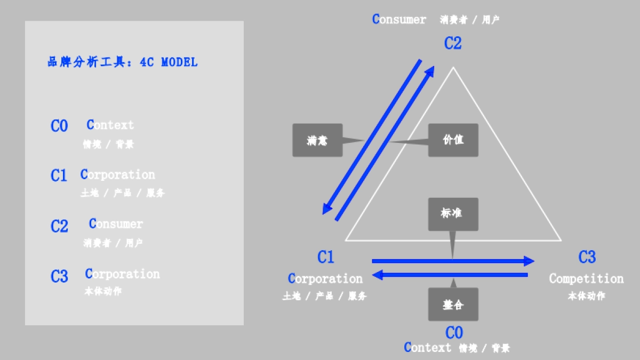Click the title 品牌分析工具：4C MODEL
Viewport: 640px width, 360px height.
(123, 62)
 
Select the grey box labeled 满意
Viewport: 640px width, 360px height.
(317, 140)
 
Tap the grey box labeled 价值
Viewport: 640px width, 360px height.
(453, 140)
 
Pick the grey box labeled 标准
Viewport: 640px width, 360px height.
(453, 213)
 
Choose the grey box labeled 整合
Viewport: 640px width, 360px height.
(453, 305)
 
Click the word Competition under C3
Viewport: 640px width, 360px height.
(586, 278)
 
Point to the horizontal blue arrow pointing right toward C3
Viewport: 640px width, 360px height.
(453, 261)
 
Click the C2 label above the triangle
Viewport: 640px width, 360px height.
(453, 43)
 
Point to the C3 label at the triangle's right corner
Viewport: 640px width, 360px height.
(587, 258)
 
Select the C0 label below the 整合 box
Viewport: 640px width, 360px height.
(454, 333)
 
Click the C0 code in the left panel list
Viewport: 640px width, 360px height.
(59, 126)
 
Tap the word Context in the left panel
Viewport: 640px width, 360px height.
(110, 125)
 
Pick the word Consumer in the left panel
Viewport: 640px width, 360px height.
(116, 223)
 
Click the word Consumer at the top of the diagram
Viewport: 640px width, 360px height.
(399, 20)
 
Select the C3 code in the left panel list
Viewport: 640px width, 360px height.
(59, 276)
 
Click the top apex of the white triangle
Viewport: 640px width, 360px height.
(453, 68)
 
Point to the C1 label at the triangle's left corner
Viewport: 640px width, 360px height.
(326, 258)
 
